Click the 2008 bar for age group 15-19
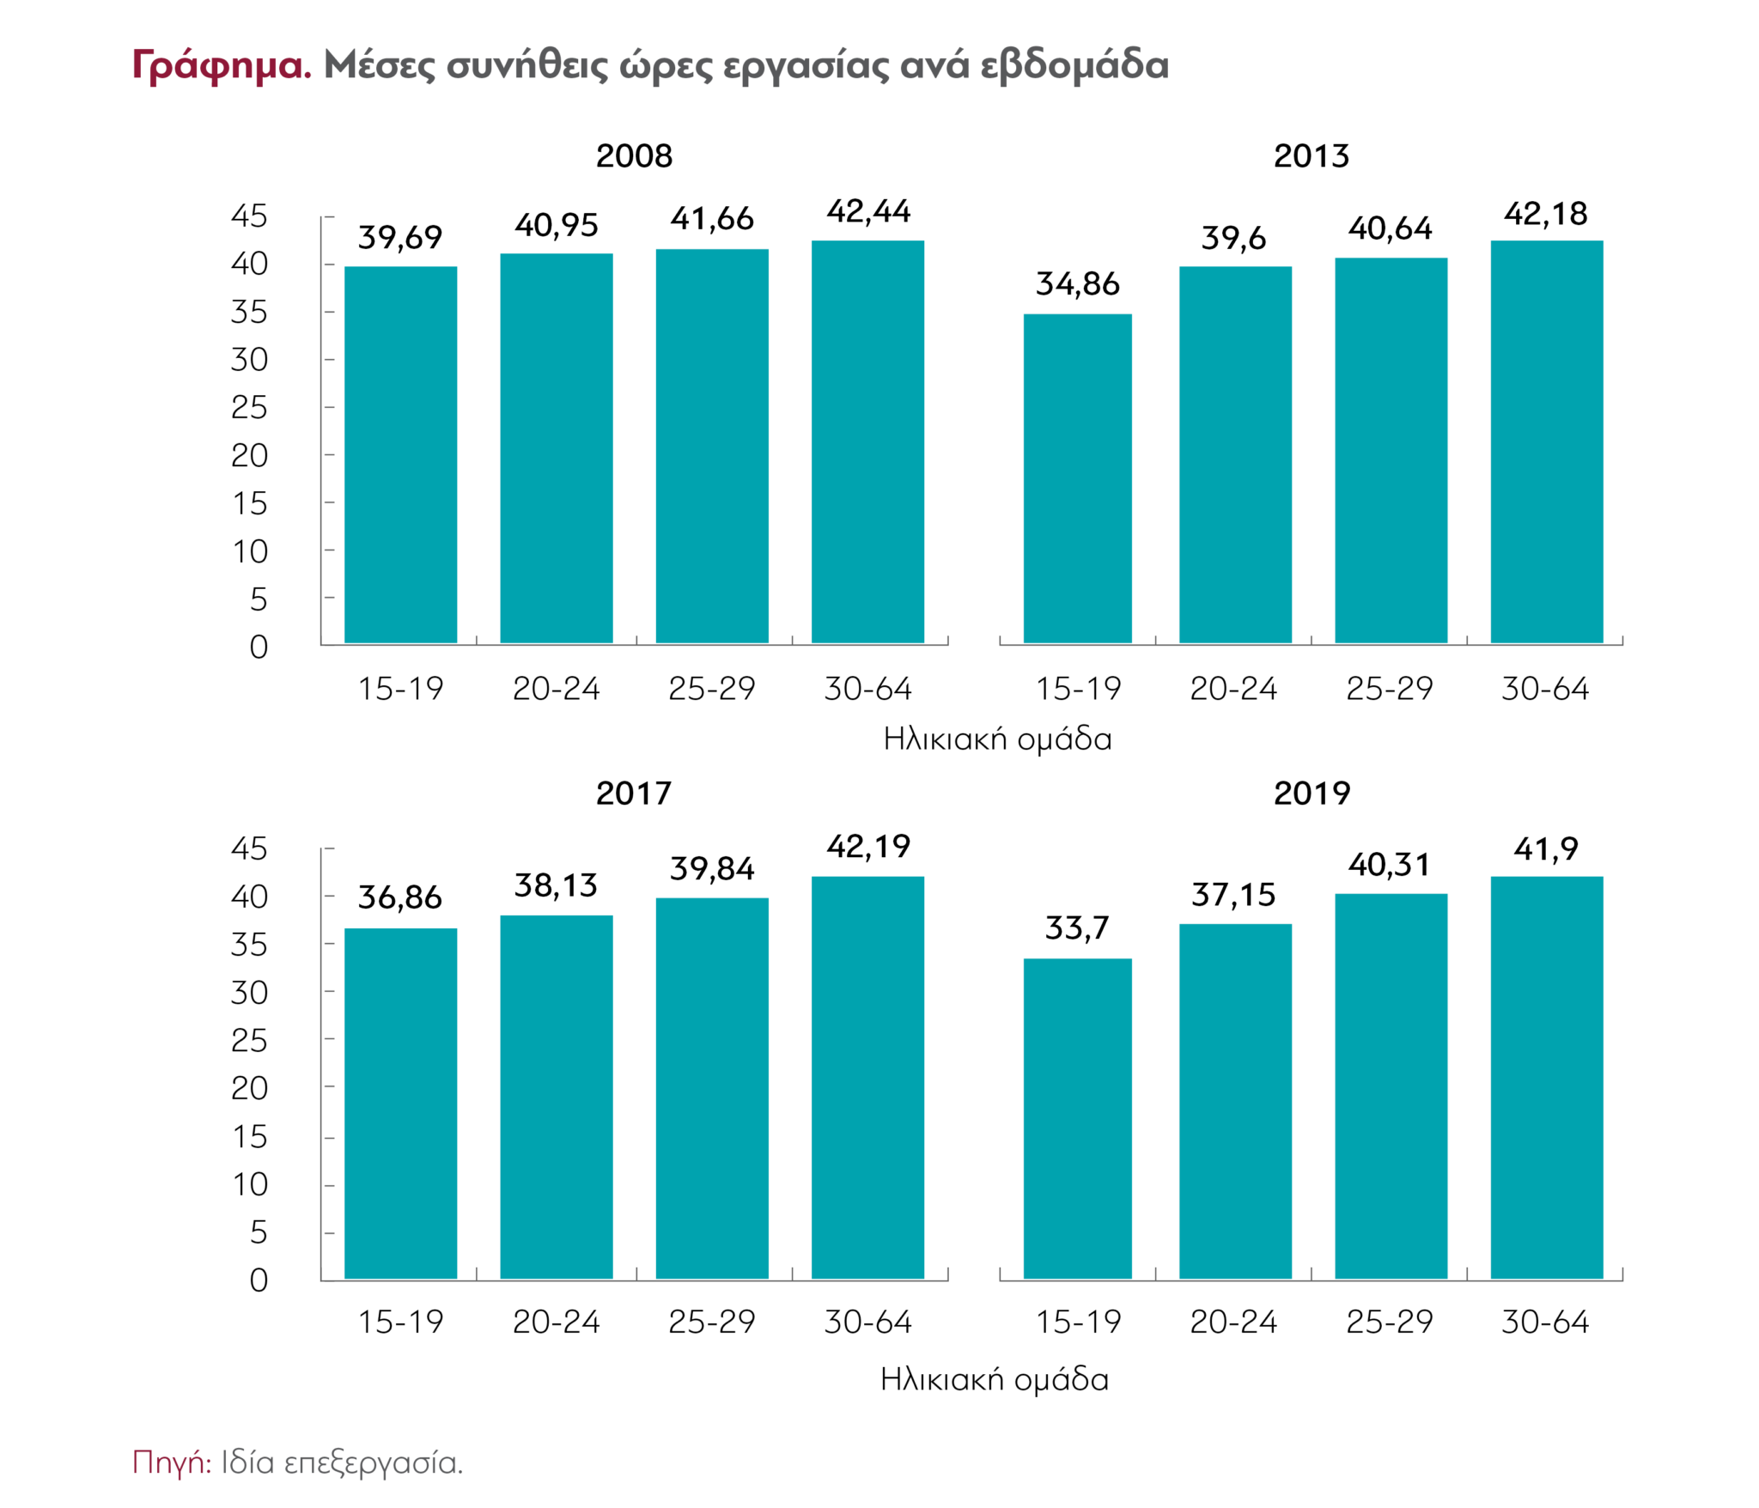(400, 454)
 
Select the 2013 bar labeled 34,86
(1077, 478)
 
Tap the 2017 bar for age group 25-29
(712, 1088)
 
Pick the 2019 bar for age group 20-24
(1235, 1101)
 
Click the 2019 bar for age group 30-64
(1546, 1078)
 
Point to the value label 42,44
(868, 211)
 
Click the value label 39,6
(1233, 238)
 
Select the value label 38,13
(556, 885)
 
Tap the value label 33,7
(1077, 927)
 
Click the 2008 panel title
(634, 156)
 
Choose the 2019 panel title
(1312, 793)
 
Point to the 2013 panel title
(1312, 156)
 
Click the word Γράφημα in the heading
(222, 65)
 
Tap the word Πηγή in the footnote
(171, 1461)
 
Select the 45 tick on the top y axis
(249, 216)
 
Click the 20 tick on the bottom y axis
(249, 1088)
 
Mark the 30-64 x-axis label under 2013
(1545, 689)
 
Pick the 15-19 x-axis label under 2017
(400, 1322)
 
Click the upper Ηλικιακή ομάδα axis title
(997, 739)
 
